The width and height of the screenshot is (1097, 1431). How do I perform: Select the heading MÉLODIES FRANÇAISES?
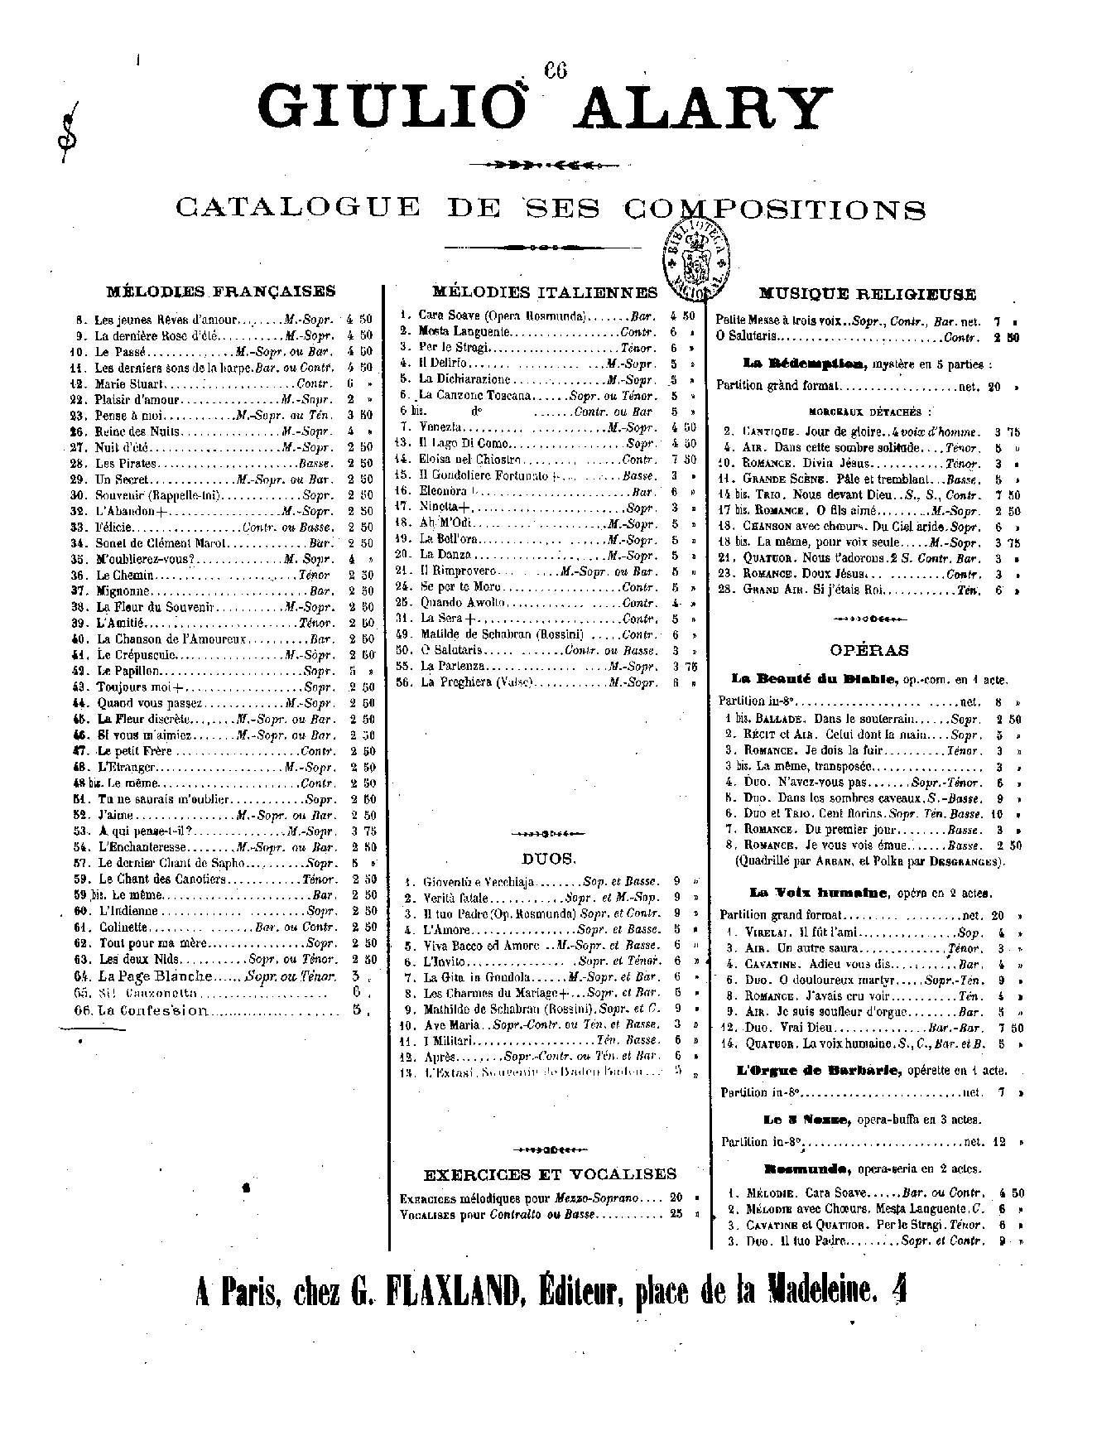point(221,291)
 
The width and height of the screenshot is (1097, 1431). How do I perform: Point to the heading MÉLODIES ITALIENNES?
point(545,291)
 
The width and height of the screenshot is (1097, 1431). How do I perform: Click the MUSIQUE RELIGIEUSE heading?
point(868,294)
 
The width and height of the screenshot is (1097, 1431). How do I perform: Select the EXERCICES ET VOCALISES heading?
point(550,1173)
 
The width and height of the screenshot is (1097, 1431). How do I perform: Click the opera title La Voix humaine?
point(819,893)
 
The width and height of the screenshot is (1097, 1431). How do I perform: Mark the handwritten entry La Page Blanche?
point(156,976)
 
